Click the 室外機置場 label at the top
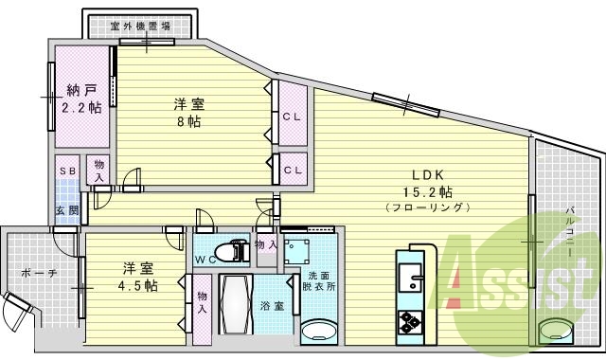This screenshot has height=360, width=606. click(141, 27)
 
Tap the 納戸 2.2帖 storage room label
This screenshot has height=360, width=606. click(81, 99)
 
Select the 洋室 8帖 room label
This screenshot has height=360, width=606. click(189, 112)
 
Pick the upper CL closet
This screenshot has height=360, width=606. click(292, 117)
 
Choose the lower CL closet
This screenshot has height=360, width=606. click(292, 170)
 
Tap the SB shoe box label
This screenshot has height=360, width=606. click(67, 170)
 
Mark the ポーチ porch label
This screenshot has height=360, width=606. click(37, 273)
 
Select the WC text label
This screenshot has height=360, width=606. click(205, 259)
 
